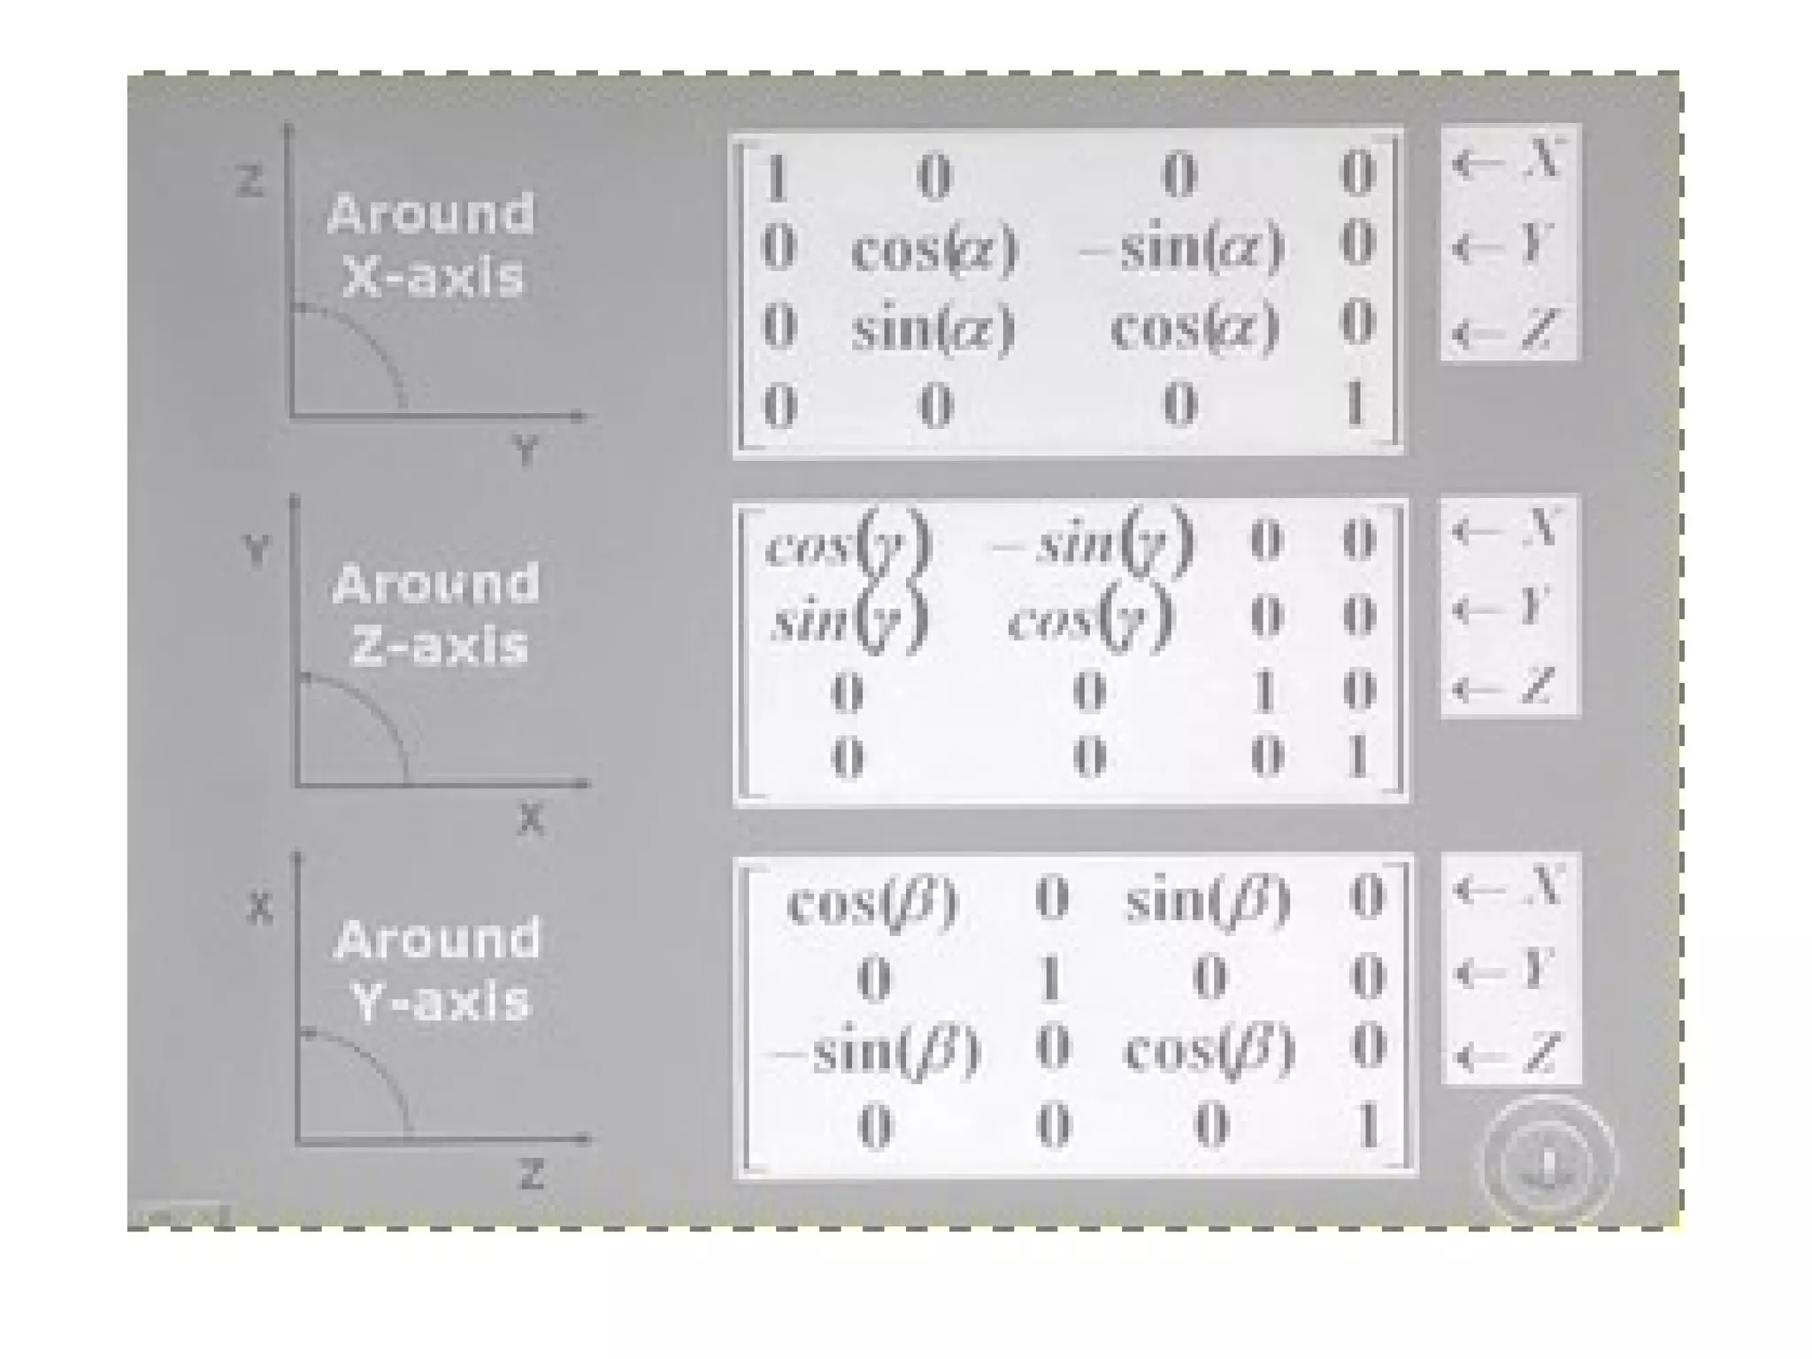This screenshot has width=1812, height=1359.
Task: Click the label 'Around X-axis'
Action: [431, 245]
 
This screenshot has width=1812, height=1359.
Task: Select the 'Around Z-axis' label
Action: [436, 614]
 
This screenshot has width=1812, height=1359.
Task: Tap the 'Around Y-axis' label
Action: [438, 971]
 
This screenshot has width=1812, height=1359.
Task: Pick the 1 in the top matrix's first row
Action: [776, 176]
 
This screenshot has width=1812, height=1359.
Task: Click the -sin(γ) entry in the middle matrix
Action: [1093, 541]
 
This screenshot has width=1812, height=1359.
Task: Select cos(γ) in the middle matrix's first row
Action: [848, 541]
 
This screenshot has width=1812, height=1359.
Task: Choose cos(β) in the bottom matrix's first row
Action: [872, 902]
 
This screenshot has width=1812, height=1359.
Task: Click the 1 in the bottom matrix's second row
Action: [1050, 978]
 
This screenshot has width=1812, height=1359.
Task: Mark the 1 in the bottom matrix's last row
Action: [1367, 1126]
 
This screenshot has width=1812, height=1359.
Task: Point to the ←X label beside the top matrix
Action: [1508, 162]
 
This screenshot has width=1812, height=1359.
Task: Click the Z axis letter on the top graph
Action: [250, 182]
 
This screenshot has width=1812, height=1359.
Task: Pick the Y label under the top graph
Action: [526, 451]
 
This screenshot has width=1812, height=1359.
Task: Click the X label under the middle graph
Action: [530, 819]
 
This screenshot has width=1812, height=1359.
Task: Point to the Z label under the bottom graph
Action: [531, 1176]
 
